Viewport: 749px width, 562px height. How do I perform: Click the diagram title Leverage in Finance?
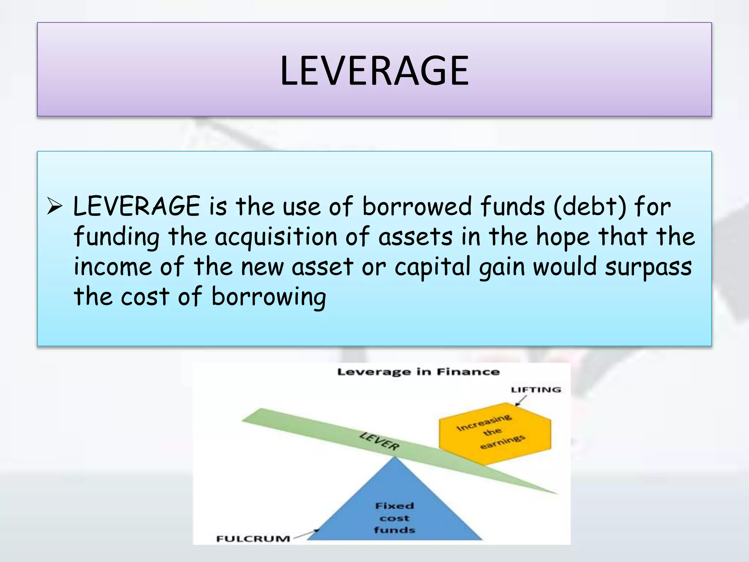(418, 372)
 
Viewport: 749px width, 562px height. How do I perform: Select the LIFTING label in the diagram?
(536, 390)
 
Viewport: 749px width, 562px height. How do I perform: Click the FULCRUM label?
(253, 539)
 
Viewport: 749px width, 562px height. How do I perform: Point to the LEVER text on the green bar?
(380, 441)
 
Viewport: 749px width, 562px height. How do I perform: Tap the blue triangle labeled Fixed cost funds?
(394, 509)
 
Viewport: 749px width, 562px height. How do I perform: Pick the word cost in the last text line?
(145, 297)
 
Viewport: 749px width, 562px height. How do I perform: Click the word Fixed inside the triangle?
(394, 506)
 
